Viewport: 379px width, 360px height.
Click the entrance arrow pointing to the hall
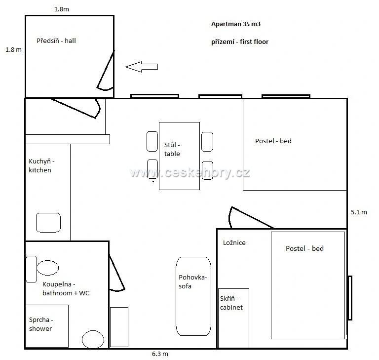point(142,67)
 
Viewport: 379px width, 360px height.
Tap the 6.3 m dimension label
point(160,354)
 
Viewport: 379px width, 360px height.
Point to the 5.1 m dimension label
point(359,212)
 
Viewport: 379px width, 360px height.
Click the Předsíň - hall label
point(56,40)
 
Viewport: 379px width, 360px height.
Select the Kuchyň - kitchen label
point(41,166)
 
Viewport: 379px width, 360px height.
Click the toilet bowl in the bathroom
point(47,268)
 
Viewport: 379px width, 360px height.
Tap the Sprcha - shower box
point(47,326)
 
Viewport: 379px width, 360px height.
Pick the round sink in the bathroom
point(93,340)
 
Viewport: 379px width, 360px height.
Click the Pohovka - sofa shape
point(193,296)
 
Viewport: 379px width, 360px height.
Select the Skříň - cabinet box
point(233,318)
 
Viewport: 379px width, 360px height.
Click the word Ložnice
point(234,242)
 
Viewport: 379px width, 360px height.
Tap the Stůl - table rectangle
point(179,156)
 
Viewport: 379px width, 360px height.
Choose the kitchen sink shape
point(48,223)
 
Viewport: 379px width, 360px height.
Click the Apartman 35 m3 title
point(236,24)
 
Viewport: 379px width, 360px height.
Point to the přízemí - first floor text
point(240,42)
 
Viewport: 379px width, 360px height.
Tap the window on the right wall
point(349,298)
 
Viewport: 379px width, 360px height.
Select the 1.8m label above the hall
point(62,9)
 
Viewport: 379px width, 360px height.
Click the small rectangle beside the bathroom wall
point(119,327)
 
